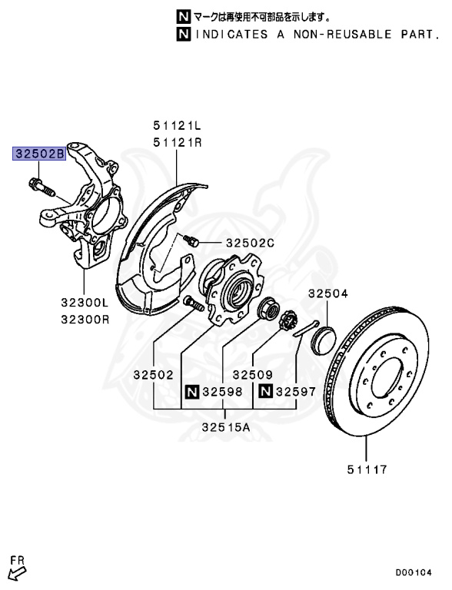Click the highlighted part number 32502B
(x=37, y=153)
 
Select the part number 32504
(x=328, y=293)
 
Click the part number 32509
(x=253, y=375)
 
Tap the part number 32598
(x=222, y=392)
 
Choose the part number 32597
(x=296, y=392)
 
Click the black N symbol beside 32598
(x=191, y=392)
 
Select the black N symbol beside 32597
(x=265, y=392)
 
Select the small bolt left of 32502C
(x=193, y=241)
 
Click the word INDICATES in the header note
(x=229, y=35)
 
